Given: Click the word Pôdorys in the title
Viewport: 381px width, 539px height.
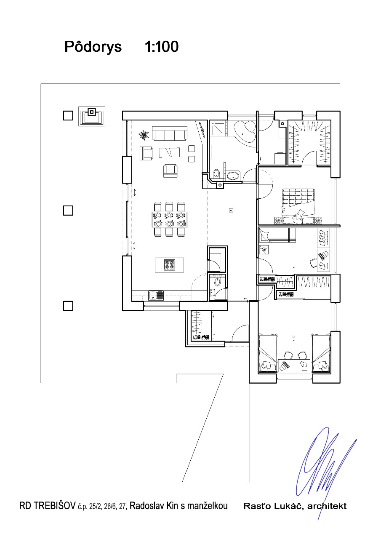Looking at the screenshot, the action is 93,47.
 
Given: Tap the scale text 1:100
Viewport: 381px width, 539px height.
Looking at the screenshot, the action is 161,46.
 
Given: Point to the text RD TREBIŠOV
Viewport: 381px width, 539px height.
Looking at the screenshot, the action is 48,506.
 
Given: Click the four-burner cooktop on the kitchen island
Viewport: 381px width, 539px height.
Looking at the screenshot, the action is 169,265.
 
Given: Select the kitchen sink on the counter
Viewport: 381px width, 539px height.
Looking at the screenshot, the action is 156,296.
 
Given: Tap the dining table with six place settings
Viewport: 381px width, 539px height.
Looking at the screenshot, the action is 170,219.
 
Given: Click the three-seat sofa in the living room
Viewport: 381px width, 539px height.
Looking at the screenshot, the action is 170,133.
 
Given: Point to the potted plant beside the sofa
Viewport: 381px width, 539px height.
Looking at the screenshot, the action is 144,134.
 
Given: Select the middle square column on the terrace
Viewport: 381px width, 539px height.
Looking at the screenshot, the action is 68,211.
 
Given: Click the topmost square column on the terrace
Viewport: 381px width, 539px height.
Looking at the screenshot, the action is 68,115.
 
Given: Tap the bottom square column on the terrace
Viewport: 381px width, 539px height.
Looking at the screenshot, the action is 68,306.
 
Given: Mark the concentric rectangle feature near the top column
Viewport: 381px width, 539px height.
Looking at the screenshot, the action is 92,116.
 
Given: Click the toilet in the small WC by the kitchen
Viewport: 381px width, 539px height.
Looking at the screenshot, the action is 217,282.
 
